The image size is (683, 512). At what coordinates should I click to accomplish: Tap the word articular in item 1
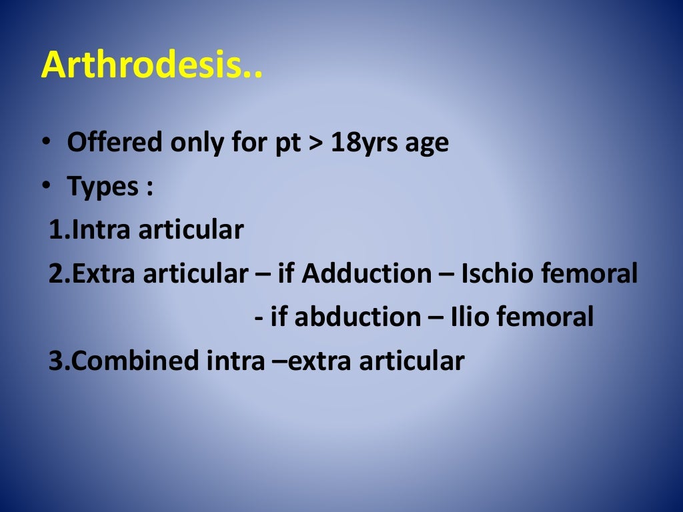(191, 230)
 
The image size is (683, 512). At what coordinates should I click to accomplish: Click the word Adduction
(366, 273)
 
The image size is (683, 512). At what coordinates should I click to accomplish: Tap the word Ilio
(472, 317)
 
